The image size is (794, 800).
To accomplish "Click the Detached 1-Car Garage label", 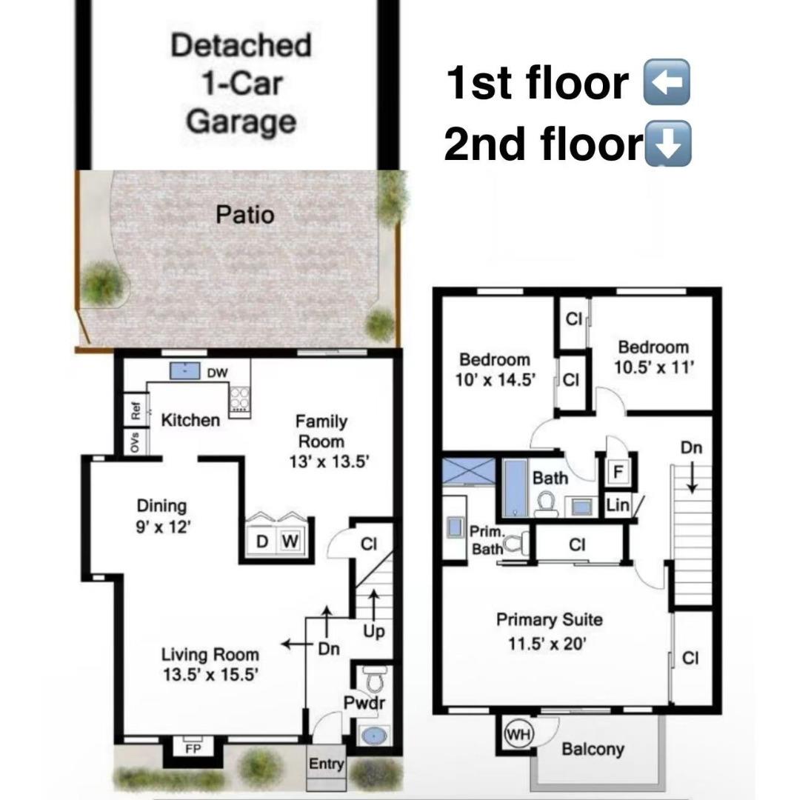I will pos(240,83).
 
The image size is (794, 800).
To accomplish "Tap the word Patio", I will pos(245,215).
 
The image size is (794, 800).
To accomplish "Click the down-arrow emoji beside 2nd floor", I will pos(669,142).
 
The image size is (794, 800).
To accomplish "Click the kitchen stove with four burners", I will pos(239,399).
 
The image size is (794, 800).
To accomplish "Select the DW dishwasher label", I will pos(217,373).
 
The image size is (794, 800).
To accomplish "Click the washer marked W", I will pos(290,541).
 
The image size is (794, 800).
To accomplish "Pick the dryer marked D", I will pos(261,541).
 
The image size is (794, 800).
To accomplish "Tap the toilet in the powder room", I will pos(374,678).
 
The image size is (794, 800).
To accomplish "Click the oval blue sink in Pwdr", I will pos(374,737).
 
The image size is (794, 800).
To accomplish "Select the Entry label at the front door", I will pos(327,764).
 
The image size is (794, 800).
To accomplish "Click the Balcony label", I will pos(593,749).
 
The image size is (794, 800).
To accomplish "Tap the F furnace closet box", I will pos(617,470).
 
